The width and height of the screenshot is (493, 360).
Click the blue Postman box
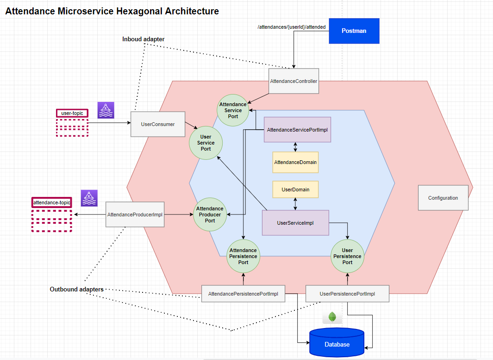[x=354, y=31]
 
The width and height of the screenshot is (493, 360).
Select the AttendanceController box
[x=293, y=81]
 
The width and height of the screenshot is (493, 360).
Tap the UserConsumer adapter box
[x=158, y=124]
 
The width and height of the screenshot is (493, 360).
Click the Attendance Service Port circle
[x=233, y=111]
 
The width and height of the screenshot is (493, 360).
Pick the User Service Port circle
[x=206, y=143]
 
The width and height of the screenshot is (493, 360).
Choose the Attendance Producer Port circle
[x=210, y=215]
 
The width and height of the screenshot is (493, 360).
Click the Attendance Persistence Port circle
[x=243, y=256]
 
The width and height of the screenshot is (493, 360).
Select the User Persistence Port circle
[x=347, y=256]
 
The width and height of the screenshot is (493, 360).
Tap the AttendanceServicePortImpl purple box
[x=297, y=130]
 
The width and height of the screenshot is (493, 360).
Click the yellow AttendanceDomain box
[x=295, y=163]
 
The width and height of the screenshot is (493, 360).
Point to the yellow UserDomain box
[x=295, y=189]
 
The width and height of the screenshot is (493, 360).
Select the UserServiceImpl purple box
[x=295, y=223]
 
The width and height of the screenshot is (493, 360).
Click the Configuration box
[x=443, y=198]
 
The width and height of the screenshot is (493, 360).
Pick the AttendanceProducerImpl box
[x=135, y=215]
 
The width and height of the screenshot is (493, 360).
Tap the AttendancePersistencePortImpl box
[x=243, y=294]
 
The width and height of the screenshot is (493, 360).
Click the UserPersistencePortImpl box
[x=347, y=294]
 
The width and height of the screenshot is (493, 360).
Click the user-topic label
[x=72, y=113]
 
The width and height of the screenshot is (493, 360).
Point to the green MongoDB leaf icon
[x=332, y=317]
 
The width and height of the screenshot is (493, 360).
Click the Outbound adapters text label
[x=76, y=289]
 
